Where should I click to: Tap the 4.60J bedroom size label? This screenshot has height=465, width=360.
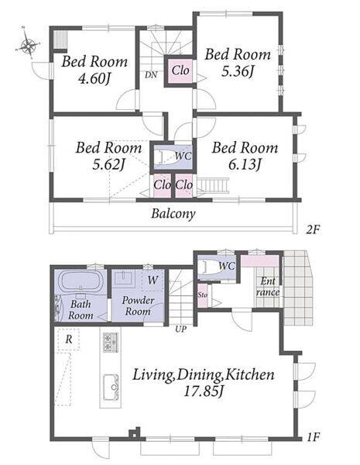(94, 79)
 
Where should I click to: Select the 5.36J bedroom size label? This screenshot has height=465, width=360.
(238, 71)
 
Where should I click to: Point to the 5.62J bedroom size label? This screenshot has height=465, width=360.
(108, 164)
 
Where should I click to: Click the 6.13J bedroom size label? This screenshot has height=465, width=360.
(245, 164)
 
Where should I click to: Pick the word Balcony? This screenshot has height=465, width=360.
(173, 214)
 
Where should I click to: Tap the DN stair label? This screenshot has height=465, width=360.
(151, 75)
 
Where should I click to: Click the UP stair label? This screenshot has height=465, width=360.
(180, 329)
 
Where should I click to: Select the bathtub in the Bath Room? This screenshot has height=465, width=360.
(81, 281)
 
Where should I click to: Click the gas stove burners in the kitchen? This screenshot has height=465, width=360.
(111, 343)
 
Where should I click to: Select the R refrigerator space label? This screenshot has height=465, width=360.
(69, 339)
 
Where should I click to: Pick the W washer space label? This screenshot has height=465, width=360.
(153, 280)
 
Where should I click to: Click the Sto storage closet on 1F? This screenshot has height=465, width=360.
(203, 295)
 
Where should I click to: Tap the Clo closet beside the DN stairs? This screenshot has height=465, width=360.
(180, 71)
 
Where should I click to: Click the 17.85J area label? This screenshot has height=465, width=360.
(204, 391)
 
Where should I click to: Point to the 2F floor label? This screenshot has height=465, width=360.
(314, 229)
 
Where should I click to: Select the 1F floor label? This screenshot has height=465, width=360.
(313, 437)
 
